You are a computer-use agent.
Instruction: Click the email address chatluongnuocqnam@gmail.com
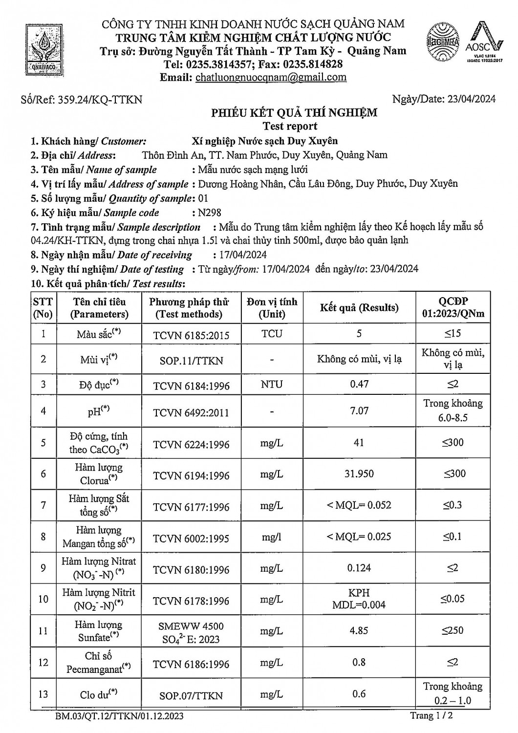271,77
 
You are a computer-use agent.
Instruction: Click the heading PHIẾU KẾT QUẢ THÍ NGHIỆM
294,113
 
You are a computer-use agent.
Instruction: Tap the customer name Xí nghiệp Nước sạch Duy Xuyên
265,141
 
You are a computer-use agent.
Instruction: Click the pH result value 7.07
359,411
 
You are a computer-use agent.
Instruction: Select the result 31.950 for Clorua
359,474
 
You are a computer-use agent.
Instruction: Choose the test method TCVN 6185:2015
191,335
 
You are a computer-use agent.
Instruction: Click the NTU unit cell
272,384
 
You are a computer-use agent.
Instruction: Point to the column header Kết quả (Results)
359,308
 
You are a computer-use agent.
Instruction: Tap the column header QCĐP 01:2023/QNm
453,308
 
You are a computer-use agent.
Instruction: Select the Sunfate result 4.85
359,630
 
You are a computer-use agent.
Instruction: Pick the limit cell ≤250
453,630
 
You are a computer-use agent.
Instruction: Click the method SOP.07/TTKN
191,695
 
